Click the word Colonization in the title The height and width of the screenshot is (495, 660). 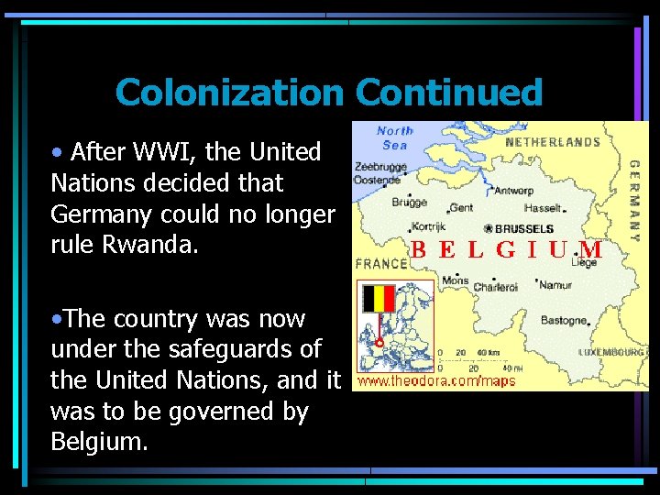point(229,93)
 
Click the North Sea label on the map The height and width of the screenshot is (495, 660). point(394,137)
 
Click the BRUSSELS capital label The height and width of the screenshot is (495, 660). point(522,228)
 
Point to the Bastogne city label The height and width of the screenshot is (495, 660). point(563,321)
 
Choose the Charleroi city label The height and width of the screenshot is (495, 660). point(496,287)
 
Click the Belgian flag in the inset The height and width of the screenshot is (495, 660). point(378,298)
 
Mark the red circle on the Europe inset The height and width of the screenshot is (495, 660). point(379,345)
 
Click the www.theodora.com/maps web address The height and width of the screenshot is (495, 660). point(436,380)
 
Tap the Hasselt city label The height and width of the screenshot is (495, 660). point(542,209)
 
